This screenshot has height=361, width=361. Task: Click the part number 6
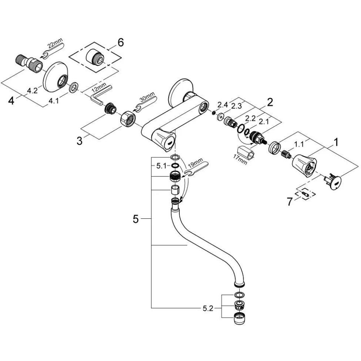(x=120, y=43)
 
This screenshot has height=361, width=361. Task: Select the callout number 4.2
(x=32, y=91)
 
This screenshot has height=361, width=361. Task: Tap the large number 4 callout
(x=11, y=101)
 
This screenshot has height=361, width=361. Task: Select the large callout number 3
(x=79, y=140)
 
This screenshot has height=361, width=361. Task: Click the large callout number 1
(x=336, y=142)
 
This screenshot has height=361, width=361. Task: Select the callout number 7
(x=290, y=201)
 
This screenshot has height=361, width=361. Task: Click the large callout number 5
(x=135, y=219)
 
